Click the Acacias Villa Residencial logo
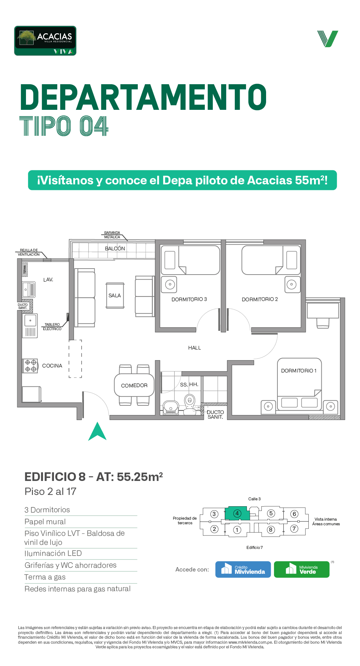pos(45,41)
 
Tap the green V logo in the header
pos(328,39)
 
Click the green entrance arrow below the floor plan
pos(97,431)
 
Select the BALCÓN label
pos(115,249)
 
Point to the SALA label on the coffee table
pos(115,296)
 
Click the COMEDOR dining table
pos(134,385)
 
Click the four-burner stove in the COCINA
pos(30,366)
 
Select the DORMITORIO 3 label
pos(189,300)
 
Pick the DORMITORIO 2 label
pos(260,300)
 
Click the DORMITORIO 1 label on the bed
pos(299,371)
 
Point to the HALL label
pos(194,348)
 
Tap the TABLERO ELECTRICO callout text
pos(52,327)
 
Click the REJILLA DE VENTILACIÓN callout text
pos(29,252)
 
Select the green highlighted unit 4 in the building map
pos(237,513)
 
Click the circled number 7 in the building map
pos(294,529)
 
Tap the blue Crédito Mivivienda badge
pos(243,569)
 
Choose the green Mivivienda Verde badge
pos(302,569)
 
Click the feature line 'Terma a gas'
pos(45,577)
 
